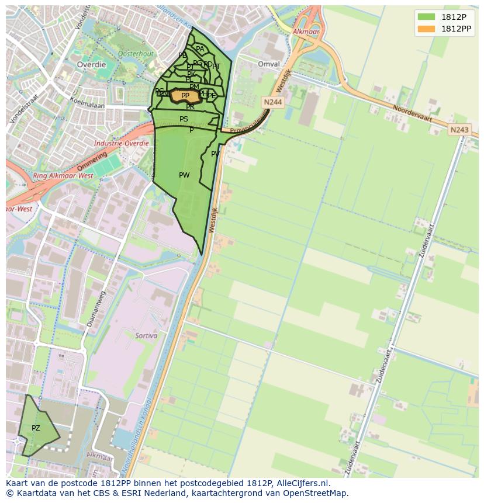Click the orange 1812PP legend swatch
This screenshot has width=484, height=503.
click(427, 28)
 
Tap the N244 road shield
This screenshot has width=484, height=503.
click(272, 102)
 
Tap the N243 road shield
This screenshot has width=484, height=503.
click(459, 130)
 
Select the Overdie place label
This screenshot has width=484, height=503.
click(91, 65)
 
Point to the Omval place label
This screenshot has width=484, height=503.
click(269, 64)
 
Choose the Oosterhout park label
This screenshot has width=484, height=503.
click(135, 53)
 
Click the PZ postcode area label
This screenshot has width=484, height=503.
click(36, 428)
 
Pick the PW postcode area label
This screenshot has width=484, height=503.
click(184, 175)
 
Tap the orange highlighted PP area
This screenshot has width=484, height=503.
click(185, 96)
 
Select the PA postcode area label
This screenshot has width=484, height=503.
click(200, 50)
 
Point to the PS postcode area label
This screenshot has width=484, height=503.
click(184, 119)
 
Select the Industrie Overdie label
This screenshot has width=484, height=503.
click(122, 143)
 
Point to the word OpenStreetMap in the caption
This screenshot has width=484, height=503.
click(314, 493)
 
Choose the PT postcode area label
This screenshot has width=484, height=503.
click(216, 67)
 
